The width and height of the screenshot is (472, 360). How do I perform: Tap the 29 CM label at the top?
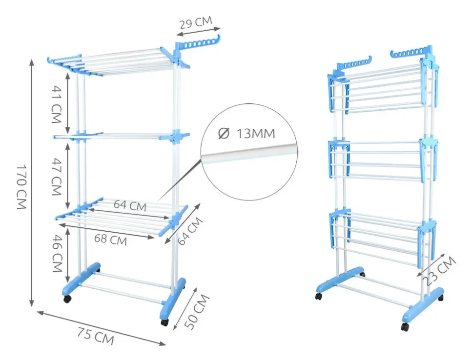[x=196, y=22]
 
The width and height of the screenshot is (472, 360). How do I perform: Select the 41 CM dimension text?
[x=57, y=104]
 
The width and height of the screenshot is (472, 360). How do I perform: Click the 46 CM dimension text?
[x=57, y=253]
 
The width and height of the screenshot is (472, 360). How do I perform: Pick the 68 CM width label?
[x=110, y=240]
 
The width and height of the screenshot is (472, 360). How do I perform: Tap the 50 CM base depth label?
[x=197, y=311]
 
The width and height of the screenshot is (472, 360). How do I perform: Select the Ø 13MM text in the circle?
[x=246, y=133]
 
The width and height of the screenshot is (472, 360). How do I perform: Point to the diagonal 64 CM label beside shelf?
[x=190, y=231]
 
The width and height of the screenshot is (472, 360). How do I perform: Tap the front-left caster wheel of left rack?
[x=68, y=299]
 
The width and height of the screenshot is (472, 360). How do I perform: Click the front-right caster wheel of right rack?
[x=405, y=327]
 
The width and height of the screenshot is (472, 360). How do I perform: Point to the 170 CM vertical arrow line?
[x=32, y=183]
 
